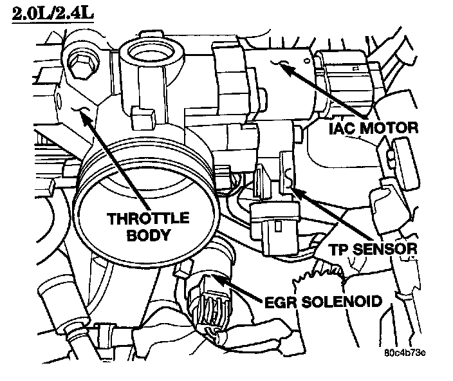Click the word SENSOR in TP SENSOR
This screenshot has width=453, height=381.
pyautogui.click(x=394, y=248)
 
